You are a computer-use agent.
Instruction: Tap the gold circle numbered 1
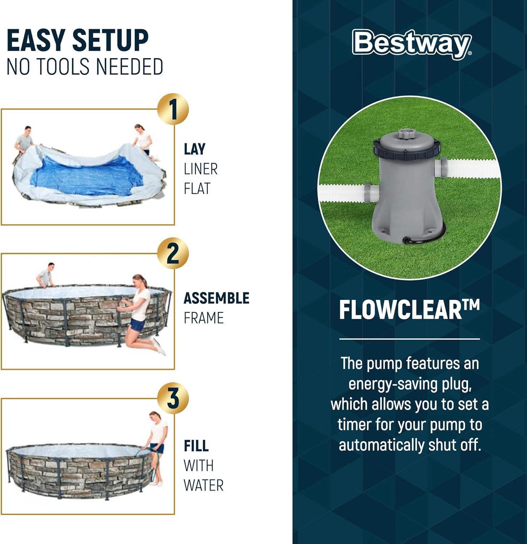(x=173, y=109)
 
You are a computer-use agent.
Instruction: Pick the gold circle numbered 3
(x=173, y=398)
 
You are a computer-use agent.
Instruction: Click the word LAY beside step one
(x=195, y=149)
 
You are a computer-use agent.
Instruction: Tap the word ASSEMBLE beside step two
(x=217, y=298)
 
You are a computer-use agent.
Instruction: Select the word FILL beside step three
(x=196, y=446)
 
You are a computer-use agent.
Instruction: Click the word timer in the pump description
(x=354, y=425)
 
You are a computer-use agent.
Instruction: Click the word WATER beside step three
(x=204, y=485)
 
